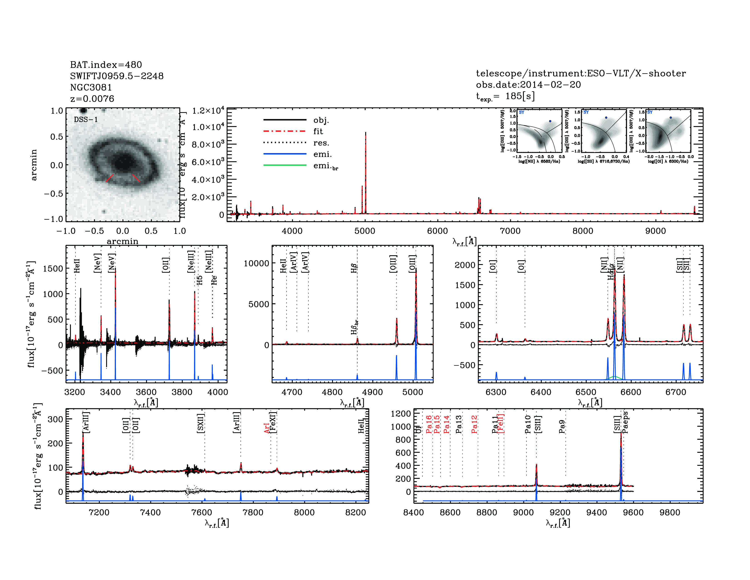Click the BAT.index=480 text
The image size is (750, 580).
106,65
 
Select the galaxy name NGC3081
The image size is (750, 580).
91,87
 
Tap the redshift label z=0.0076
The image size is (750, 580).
92,99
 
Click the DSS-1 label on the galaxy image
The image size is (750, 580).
86,120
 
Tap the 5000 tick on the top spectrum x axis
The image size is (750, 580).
365,231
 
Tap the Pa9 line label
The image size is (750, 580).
562,426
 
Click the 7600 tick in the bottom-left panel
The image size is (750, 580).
202,512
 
